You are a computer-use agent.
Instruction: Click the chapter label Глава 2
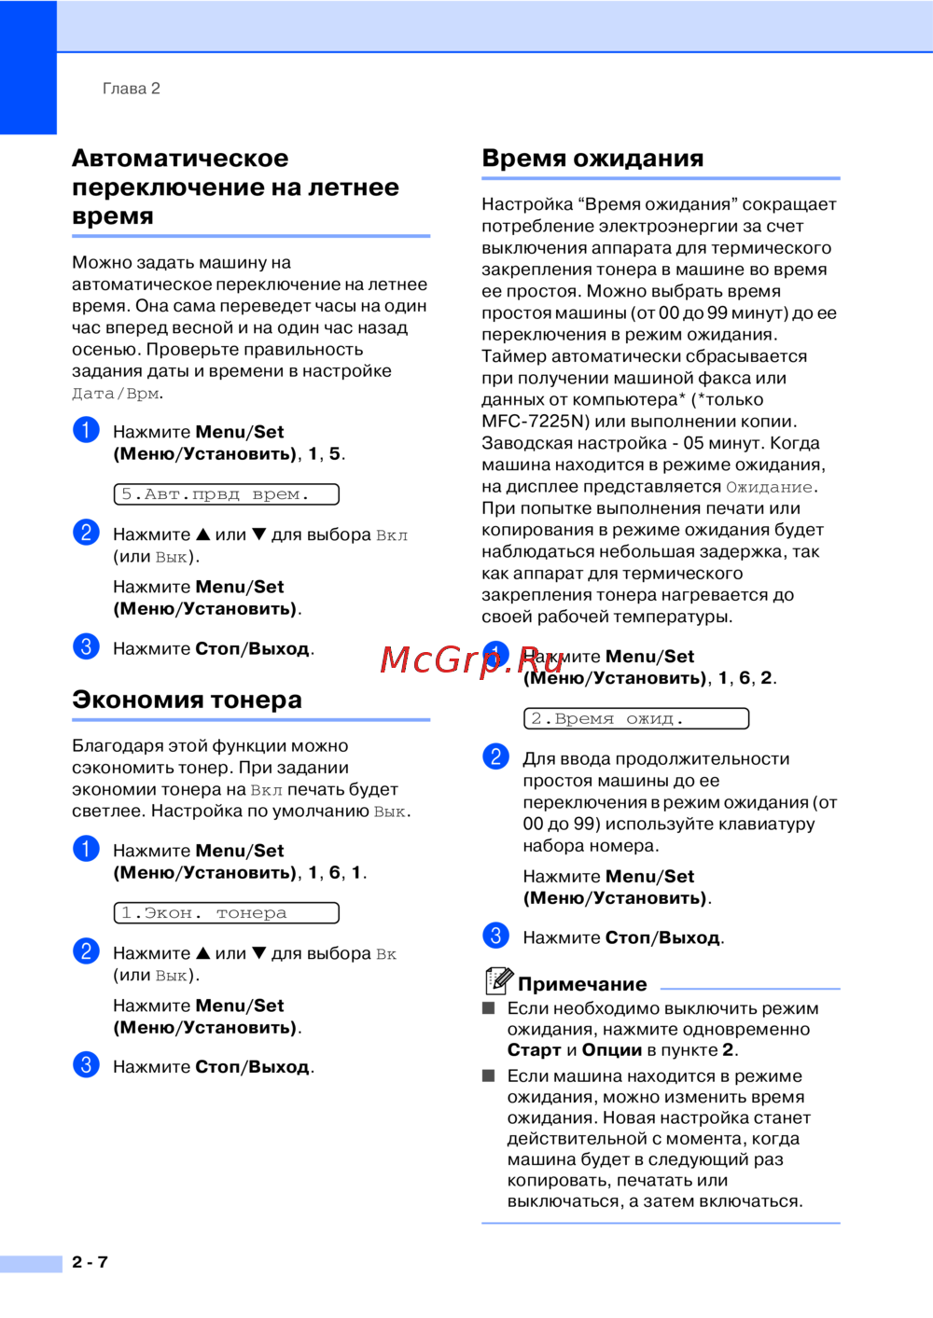point(131,89)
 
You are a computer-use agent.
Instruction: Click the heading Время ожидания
point(592,159)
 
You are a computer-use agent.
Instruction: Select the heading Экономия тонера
point(187,700)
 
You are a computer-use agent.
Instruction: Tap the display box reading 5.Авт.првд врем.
point(226,494)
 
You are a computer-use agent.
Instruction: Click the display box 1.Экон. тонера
point(226,913)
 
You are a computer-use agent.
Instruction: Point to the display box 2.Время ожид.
point(635,718)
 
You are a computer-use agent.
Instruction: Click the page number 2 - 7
point(90,1262)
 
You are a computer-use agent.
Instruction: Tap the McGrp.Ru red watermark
point(472,659)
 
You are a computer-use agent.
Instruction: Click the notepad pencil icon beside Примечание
point(498,980)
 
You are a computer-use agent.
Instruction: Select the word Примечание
point(582,984)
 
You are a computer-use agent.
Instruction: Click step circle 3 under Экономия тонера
point(86,1065)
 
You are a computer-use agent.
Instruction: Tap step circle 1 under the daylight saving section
point(86,430)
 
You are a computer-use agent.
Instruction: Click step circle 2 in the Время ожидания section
point(495,756)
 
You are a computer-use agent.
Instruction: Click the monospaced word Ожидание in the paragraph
point(769,487)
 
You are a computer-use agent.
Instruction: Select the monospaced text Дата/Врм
point(116,394)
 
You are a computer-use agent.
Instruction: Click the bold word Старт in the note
point(534,1050)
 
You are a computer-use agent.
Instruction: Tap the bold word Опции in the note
point(611,1050)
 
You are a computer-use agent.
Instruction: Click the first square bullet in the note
point(488,1007)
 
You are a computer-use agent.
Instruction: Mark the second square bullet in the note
point(488,1075)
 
